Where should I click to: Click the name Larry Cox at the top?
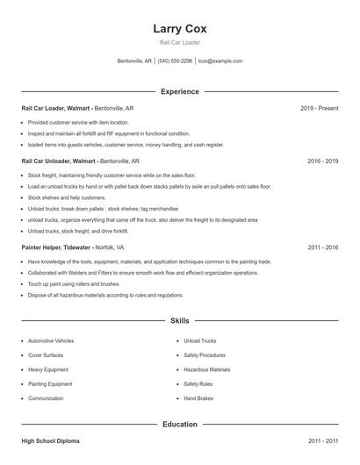(x=179, y=29)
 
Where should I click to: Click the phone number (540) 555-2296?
(x=175, y=61)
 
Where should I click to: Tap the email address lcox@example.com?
(x=220, y=61)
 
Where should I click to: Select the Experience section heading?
(x=179, y=91)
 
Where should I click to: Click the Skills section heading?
(x=179, y=321)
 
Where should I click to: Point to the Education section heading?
(x=179, y=424)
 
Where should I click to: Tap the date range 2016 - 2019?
(x=322, y=161)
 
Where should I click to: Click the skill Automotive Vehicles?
(x=51, y=340)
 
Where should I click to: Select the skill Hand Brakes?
(x=198, y=398)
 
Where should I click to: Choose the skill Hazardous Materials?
(x=206, y=369)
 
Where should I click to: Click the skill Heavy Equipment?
(x=47, y=369)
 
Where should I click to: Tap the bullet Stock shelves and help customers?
(x=65, y=198)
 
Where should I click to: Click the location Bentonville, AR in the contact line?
(x=134, y=61)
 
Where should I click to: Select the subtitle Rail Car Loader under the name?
(x=179, y=42)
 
